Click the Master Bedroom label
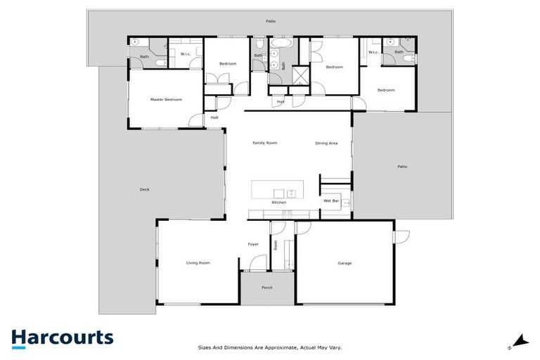point(166,100)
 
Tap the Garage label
point(345,263)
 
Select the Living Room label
point(198,263)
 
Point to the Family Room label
point(265,143)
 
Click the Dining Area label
point(326,143)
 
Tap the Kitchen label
point(279,202)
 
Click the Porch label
point(266,288)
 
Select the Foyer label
point(253,244)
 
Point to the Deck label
point(145,189)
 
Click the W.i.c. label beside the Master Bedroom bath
point(186,54)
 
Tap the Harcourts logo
point(62,338)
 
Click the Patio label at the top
point(271,22)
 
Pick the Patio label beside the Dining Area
point(402,167)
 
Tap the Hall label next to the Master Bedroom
point(214,117)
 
